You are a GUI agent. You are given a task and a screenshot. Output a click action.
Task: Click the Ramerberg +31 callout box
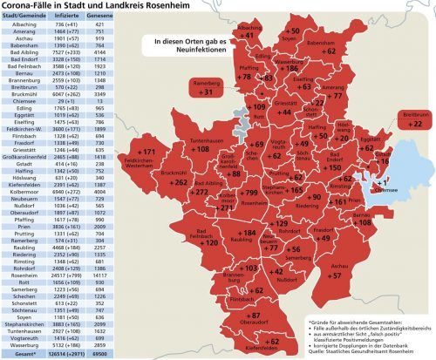pos(205,87)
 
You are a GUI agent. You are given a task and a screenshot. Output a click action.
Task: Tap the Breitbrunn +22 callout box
pos(414,119)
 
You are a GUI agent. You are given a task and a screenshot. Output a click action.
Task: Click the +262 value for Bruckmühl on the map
pos(180,183)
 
